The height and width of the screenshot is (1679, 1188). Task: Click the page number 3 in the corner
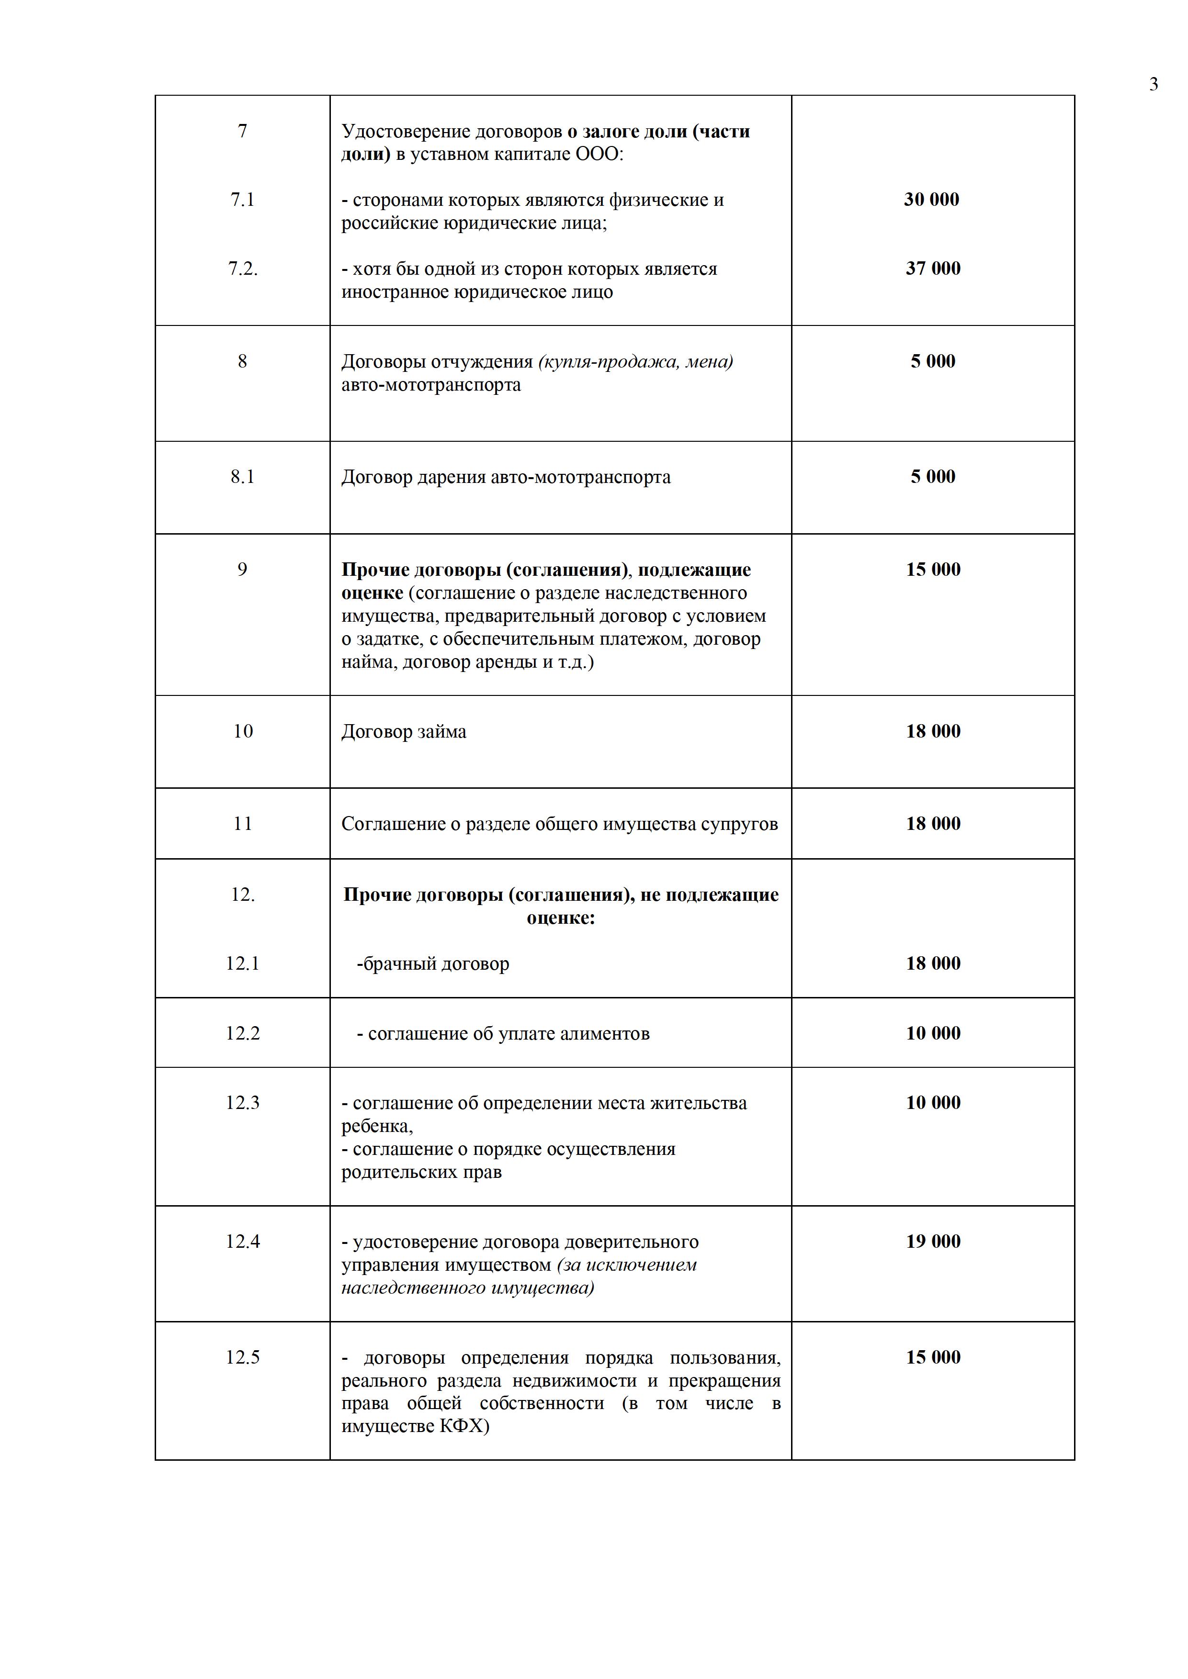1154,85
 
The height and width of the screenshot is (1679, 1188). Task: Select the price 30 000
931,200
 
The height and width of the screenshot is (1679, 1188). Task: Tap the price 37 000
933,269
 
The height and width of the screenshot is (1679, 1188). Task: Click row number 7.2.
243,269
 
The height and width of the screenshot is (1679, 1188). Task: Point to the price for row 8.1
933,477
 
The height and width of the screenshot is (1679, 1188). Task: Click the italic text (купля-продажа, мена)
636,361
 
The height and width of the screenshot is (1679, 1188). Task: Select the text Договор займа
404,732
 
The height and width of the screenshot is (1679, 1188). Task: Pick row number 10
243,731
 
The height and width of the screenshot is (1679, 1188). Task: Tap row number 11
242,824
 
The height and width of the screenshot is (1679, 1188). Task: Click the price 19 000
933,1242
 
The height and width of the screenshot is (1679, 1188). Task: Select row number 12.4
243,1242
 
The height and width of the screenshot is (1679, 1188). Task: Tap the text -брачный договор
433,964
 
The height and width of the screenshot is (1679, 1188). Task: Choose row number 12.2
243,1033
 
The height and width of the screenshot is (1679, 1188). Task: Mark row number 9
242,570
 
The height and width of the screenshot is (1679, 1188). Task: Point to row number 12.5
243,1357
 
